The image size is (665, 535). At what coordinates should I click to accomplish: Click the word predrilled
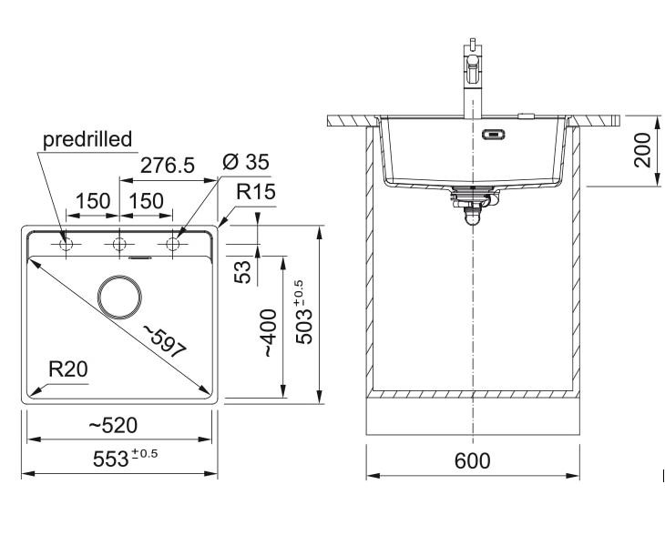87,139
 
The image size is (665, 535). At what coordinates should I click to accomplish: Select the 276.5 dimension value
167,166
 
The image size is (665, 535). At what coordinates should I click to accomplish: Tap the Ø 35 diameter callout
246,162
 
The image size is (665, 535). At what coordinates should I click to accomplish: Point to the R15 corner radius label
256,191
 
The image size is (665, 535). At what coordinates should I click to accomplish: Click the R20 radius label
67,369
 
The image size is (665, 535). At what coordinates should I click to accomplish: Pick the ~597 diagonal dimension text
165,341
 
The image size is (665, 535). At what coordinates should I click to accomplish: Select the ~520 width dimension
113,425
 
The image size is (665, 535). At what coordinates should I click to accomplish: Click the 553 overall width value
110,459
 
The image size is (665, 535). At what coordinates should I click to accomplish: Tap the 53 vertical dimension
242,272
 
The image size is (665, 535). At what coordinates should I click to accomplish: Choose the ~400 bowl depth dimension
269,333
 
